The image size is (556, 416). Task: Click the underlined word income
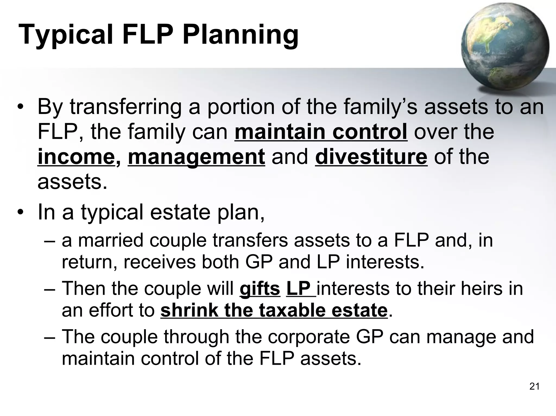click(76, 157)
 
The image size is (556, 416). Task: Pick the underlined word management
click(196, 157)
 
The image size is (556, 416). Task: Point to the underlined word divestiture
click(371, 157)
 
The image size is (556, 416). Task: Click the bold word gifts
click(260, 289)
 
